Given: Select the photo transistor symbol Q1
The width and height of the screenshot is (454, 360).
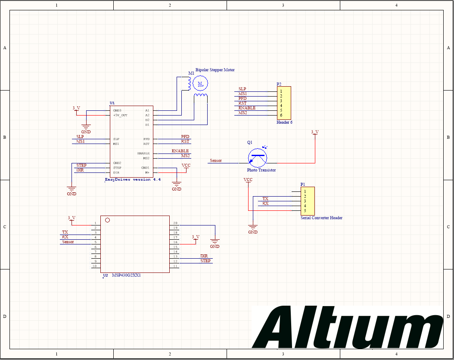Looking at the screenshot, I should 258,158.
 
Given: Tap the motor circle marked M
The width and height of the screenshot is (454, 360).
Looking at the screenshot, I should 200,82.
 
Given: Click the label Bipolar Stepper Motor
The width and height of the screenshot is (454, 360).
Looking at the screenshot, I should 215,70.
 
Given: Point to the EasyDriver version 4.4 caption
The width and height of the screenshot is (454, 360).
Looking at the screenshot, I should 133,179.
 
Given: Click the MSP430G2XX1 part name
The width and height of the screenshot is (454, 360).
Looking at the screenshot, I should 126,275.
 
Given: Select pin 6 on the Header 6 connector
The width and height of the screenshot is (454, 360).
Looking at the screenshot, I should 281,115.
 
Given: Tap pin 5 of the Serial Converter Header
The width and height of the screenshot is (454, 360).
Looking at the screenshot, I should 305,210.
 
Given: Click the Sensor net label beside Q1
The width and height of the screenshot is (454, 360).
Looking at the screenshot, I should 216,161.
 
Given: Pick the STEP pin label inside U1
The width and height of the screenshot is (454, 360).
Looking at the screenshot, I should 117,168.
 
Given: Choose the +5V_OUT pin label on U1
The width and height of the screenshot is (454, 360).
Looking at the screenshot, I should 120,115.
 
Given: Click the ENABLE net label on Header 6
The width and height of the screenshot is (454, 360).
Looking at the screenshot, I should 247,108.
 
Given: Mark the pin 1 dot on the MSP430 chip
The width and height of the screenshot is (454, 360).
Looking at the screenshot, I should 108,220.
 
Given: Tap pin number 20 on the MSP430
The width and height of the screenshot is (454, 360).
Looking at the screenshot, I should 175,223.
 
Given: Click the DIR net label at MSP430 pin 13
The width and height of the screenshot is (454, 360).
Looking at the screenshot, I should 204,256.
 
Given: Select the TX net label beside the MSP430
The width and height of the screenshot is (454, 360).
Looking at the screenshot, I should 65,232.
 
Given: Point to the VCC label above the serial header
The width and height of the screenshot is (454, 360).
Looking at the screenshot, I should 248,179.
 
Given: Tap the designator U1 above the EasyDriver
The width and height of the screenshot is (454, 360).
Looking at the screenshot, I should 112,103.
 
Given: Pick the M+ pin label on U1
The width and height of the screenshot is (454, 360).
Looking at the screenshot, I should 147,172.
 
